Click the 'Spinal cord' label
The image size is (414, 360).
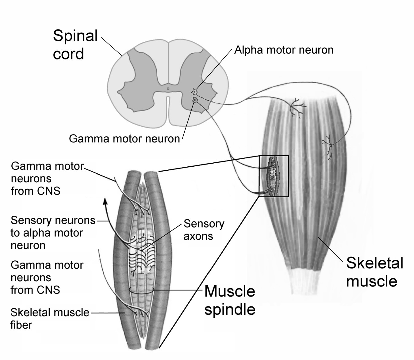click(x=75, y=45)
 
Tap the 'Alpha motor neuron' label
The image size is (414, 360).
click(x=284, y=50)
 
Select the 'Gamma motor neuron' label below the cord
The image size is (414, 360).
click(x=124, y=139)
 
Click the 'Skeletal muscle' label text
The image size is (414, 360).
click(x=374, y=272)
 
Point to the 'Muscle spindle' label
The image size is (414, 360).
click(x=230, y=300)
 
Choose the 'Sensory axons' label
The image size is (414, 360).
click(x=204, y=230)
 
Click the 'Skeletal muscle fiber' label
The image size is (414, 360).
click(x=49, y=319)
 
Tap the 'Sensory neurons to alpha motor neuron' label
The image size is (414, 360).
click(x=52, y=233)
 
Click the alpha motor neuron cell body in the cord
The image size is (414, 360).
click(x=194, y=91)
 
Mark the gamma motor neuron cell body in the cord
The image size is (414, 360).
click(x=195, y=100)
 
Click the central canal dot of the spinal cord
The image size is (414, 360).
click(x=168, y=89)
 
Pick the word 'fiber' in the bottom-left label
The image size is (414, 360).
click(x=21, y=325)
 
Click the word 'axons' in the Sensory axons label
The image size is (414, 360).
click(x=198, y=236)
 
